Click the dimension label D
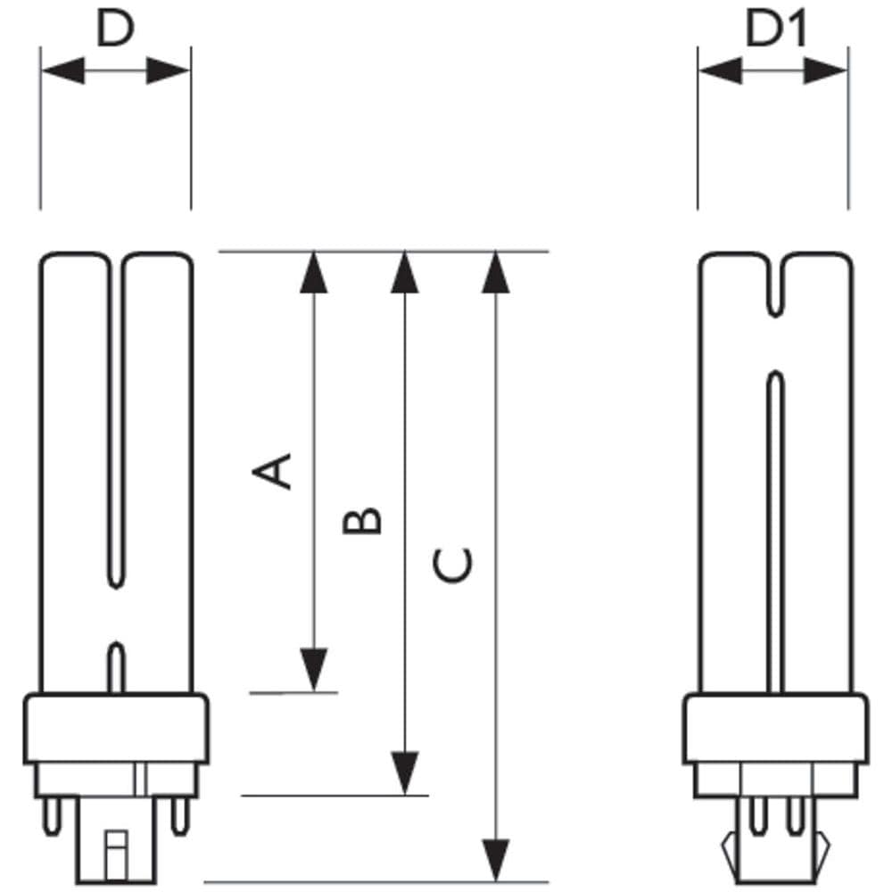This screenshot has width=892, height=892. pos(115,29)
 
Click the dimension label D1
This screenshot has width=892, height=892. pos(776,29)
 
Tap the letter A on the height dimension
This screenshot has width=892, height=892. pos(272,471)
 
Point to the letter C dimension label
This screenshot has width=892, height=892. pos(453,566)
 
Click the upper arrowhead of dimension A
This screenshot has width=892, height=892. pos(314,272)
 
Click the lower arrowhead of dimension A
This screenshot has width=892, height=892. pos(314,670)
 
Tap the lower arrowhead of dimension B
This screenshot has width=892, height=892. pos(404,772)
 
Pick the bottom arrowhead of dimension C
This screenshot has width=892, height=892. pos(495,860)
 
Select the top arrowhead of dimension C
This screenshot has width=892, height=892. pos(495,272)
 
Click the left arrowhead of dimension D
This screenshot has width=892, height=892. pos(63,70)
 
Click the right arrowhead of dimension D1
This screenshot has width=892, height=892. pos(826,70)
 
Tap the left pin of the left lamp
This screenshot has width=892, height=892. pos(53,816)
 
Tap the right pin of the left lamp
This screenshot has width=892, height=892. pos(180,816)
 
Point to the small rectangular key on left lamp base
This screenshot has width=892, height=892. pos(116,855)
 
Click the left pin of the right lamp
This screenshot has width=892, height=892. pos(757,816)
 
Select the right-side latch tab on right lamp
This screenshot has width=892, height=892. pos(822,850)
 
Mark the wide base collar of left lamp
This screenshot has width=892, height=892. pos(116,728)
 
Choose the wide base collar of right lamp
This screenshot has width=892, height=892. pos(776,728)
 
